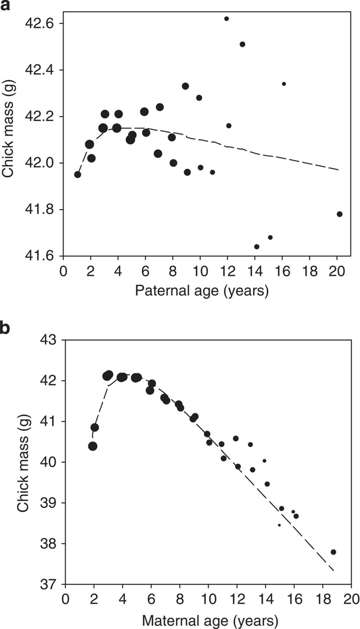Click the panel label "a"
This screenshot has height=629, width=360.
5,7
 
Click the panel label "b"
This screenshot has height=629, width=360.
5,328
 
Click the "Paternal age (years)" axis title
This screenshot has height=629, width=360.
201,291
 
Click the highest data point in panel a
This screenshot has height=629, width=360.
226,19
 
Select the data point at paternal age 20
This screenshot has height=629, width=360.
339,214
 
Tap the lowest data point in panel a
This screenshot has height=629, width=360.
257,247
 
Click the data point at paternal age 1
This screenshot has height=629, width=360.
78,174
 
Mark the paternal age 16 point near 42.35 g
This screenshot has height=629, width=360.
284,84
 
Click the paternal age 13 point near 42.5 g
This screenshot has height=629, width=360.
243,44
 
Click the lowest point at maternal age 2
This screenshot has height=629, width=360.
93,446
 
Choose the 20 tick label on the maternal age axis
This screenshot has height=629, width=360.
351,599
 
